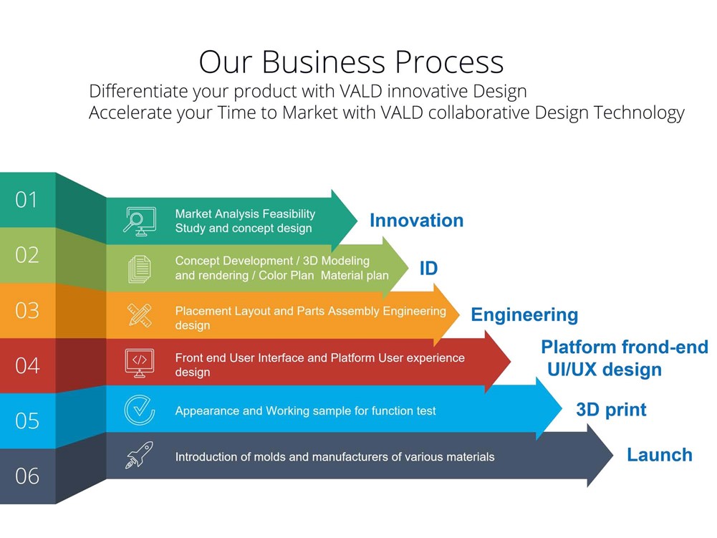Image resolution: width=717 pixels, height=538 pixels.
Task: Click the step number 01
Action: (x=26, y=200)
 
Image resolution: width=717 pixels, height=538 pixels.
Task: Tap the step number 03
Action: (x=27, y=311)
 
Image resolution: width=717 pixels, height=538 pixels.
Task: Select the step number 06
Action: (x=27, y=476)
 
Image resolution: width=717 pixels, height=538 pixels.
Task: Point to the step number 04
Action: (x=27, y=366)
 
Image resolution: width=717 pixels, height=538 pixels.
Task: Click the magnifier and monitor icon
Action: (x=140, y=221)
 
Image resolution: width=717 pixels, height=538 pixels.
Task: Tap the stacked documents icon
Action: (x=140, y=269)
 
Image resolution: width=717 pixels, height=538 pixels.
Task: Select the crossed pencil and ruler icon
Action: (x=140, y=315)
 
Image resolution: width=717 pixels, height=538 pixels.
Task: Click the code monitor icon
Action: (x=140, y=362)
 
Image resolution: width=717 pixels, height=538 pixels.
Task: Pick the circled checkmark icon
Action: (x=140, y=410)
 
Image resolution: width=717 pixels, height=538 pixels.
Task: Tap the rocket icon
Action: (x=140, y=455)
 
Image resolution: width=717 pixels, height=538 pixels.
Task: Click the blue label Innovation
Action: (x=417, y=221)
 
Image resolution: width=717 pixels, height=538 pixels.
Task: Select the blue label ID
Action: (x=428, y=269)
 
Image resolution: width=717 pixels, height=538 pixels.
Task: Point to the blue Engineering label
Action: (x=524, y=315)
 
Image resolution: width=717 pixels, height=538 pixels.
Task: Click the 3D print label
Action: (x=611, y=410)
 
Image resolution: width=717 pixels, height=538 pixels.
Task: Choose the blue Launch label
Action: (x=660, y=455)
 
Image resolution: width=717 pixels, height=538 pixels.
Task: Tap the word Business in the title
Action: (x=324, y=62)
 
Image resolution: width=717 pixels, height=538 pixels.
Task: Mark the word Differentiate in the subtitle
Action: (x=138, y=91)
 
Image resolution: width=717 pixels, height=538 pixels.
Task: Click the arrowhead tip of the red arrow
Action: (x=511, y=362)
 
